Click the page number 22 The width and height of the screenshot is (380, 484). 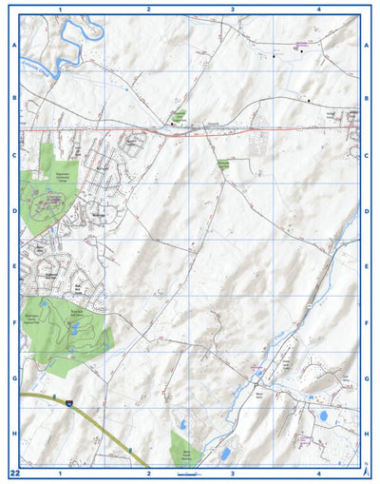tap(14, 473)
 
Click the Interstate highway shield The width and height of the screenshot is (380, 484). tap(69, 405)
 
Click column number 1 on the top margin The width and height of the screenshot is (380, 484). tap(60, 9)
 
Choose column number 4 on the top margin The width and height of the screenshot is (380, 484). tap(318, 9)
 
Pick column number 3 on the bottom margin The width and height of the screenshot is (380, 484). tap(233, 473)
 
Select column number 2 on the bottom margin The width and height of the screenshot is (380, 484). tap(148, 473)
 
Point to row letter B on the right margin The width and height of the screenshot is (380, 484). tap(367, 98)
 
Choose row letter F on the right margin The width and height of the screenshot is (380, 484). tap(367, 322)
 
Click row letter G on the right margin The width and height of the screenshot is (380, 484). tap(367, 378)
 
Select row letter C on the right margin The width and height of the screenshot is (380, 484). tap(367, 155)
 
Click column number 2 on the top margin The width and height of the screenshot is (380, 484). tap(148, 9)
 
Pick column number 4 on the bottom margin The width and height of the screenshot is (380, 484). tap(318, 473)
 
